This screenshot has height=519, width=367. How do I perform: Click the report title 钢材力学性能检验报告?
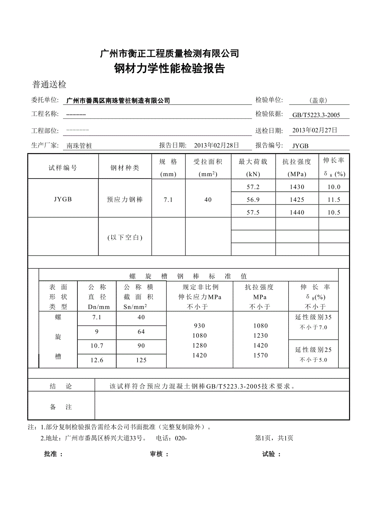click(170, 69)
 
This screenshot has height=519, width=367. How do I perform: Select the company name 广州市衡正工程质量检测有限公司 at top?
click(170, 53)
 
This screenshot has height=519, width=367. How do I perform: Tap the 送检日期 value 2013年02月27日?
click(315, 130)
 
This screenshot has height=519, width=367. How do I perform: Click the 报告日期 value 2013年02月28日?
click(216, 145)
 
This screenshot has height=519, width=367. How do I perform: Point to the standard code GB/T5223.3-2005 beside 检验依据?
click(316, 115)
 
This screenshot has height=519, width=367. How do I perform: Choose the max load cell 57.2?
click(253, 187)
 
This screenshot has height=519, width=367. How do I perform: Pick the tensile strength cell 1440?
click(297, 212)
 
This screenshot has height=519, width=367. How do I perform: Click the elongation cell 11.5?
click(334, 200)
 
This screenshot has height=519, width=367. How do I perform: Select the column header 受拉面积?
click(208, 162)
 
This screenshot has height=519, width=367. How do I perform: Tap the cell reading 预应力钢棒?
click(125, 200)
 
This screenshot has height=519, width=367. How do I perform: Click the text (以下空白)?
click(125, 237)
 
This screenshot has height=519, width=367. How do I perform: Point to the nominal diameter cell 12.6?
click(97, 360)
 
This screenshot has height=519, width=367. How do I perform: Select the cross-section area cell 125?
click(141, 360)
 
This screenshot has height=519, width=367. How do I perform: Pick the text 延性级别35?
click(313, 317)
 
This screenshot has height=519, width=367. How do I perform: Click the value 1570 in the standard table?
click(260, 355)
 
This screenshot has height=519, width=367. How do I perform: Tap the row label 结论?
click(61, 386)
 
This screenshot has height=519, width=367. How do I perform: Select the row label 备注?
click(61, 407)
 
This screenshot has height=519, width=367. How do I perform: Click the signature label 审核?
click(159, 454)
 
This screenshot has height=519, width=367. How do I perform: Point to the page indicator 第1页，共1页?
click(274, 438)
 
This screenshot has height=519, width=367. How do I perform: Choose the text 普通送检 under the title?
click(49, 85)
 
